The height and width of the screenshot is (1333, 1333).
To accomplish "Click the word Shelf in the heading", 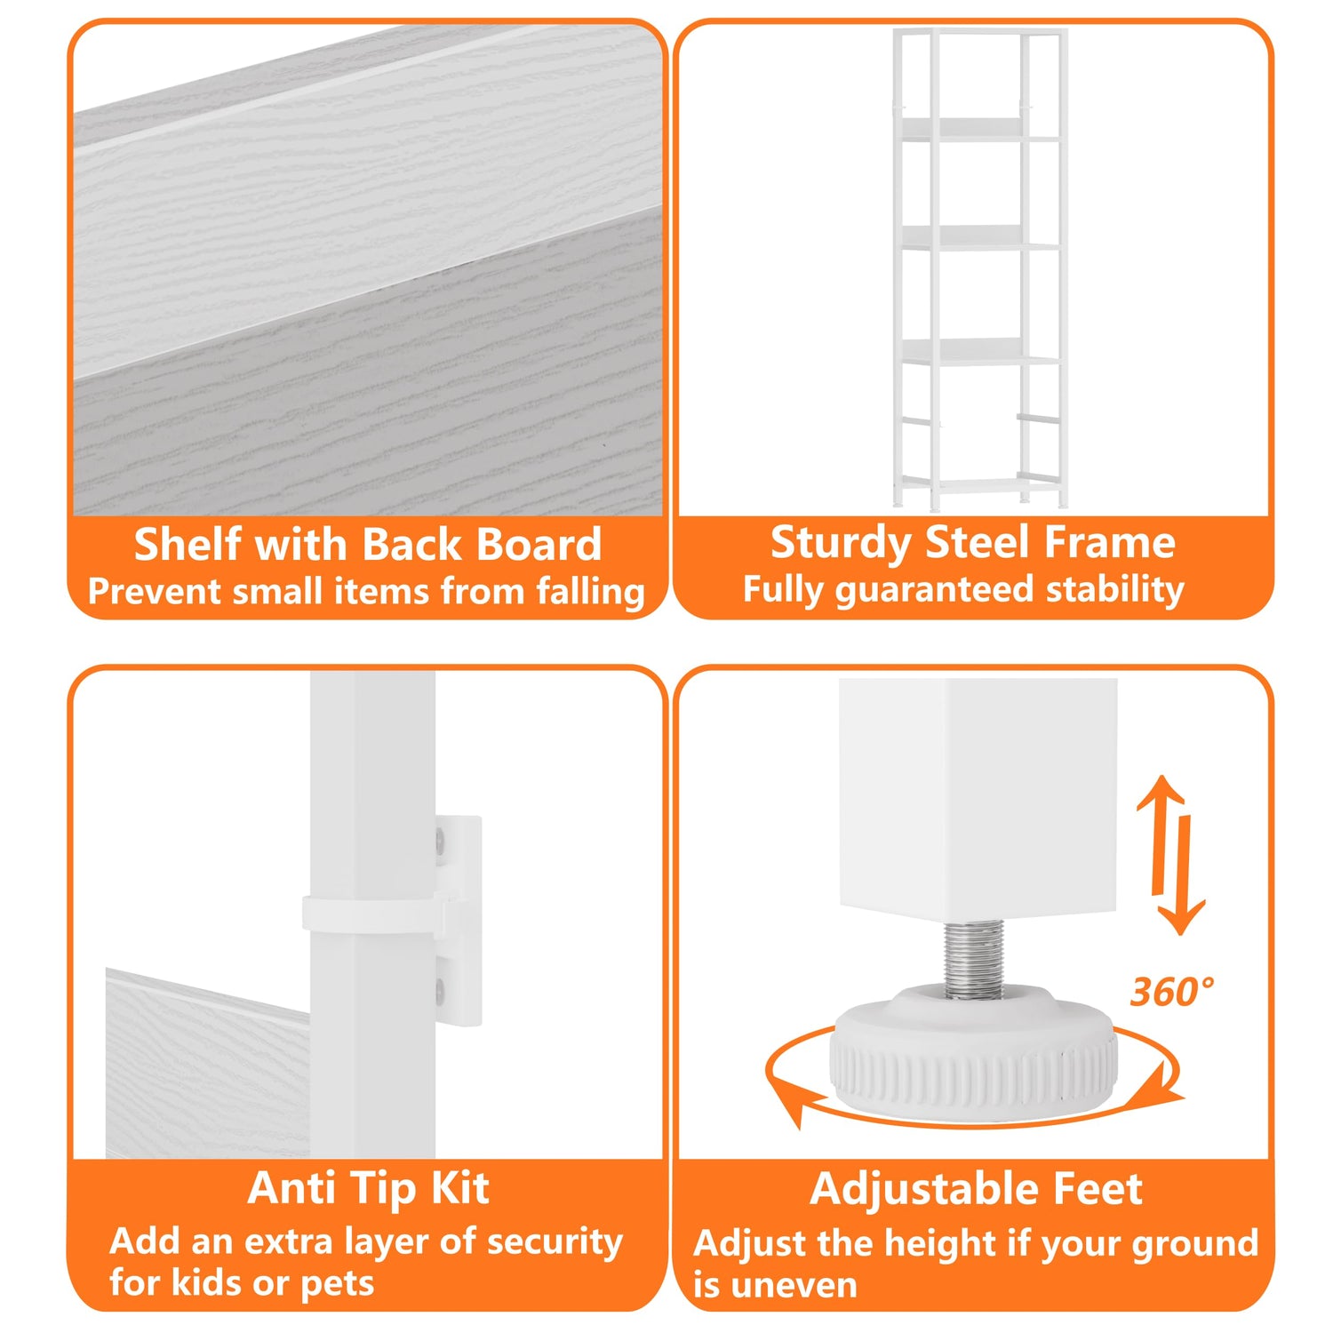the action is coord(187,544).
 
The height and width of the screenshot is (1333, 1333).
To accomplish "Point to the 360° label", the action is coord(1171,991).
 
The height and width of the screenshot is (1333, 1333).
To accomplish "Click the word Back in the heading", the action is coord(411,544).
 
